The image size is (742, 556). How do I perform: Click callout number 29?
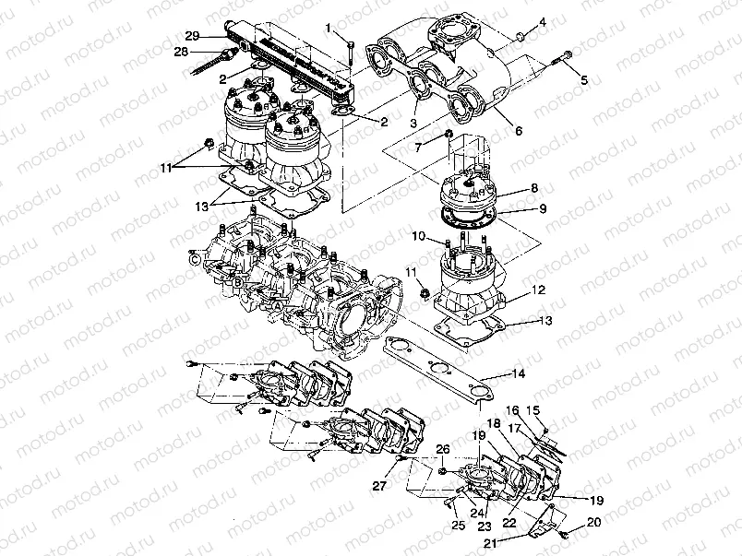click(x=192, y=35)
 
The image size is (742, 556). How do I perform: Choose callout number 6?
click(x=519, y=132)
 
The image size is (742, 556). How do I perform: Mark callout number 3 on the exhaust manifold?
click(x=414, y=124)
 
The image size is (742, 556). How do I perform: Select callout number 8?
click(x=543, y=209)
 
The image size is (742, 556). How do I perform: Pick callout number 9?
click(x=417, y=237)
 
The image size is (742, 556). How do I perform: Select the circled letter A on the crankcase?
click(x=276, y=302)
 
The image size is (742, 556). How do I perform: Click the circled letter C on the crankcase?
click(x=195, y=260)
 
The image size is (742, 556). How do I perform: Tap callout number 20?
click(x=592, y=522)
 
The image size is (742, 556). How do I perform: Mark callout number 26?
click(x=443, y=450)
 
